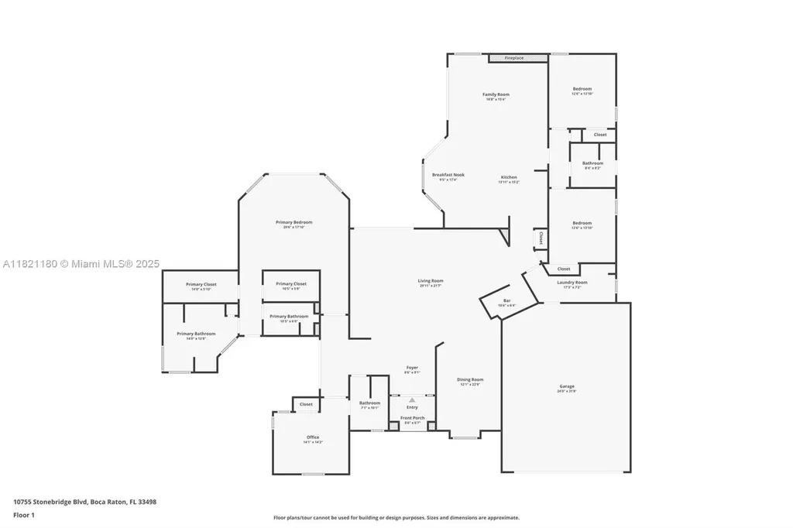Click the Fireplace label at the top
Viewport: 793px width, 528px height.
click(x=514, y=58)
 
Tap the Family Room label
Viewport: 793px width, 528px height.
click(x=496, y=94)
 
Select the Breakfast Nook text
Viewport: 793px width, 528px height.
click(x=448, y=175)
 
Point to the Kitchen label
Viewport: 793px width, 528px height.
click(x=508, y=177)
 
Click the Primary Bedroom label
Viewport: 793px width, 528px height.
click(x=294, y=222)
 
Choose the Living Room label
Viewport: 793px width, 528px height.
click(x=431, y=281)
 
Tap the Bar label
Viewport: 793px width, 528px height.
click(x=507, y=300)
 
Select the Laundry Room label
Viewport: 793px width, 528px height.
click(x=572, y=283)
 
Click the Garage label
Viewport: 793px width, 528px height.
click(x=567, y=386)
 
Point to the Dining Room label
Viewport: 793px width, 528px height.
click(x=470, y=379)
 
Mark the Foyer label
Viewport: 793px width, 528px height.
click(x=412, y=368)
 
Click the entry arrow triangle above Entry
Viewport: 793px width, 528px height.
click(x=412, y=399)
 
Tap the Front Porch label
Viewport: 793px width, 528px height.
click(x=412, y=418)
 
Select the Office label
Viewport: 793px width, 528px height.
click(x=313, y=437)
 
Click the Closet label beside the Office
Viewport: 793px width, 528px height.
click(x=306, y=404)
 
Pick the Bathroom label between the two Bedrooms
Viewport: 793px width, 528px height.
click(x=592, y=163)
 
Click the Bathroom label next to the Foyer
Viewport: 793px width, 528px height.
click(x=369, y=403)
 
